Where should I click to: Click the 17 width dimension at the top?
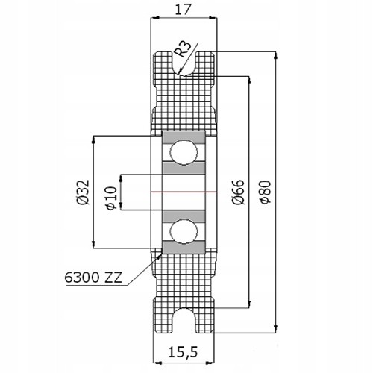[x=184, y=10]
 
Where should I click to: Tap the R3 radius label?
[x=183, y=49]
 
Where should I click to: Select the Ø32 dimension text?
[x=83, y=192]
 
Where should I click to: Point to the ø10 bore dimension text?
[x=110, y=198]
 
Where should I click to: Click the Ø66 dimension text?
[x=239, y=192]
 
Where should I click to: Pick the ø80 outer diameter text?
[x=266, y=192]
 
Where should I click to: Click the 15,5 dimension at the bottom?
[x=183, y=352]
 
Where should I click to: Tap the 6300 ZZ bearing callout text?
[x=93, y=278]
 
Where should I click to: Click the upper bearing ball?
[x=184, y=152]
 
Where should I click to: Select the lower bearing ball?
[x=184, y=231]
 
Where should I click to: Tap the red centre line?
[x=184, y=192]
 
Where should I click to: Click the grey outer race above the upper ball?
[x=184, y=137]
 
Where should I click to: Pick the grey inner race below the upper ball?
[x=184, y=168]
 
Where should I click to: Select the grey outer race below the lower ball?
[x=184, y=247]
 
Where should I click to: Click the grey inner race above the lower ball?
[x=184, y=216]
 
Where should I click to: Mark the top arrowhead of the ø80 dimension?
[x=275, y=55]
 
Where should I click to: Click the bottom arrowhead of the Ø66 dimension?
[x=249, y=304]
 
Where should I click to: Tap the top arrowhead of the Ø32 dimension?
[x=93, y=140]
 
